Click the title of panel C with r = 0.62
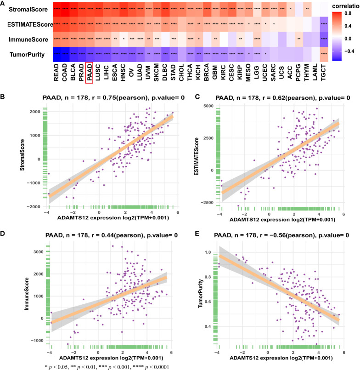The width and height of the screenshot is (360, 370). tap(272, 97)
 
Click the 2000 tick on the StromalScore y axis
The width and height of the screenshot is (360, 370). tap(35, 112)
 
